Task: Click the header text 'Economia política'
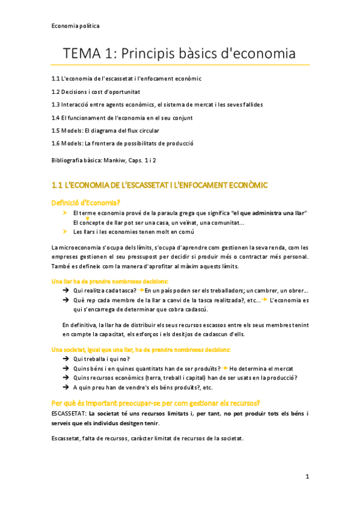[75, 26]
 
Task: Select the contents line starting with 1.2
[96, 91]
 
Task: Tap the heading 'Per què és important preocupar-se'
[156, 402]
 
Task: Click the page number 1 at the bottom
[307, 476]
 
